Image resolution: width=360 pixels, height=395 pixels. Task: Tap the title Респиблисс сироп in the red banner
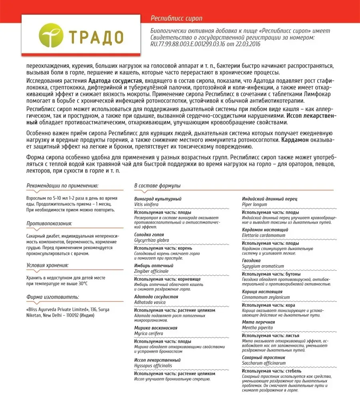click(x=177, y=18)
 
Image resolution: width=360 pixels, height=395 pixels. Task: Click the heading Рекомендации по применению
click(x=62, y=185)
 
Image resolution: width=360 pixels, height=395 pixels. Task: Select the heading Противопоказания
click(x=49, y=224)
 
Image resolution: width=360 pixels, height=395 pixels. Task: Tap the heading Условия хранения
click(x=47, y=265)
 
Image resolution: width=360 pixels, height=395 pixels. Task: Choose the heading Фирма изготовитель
click(x=52, y=297)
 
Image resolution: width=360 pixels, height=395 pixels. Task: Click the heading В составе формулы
click(x=157, y=186)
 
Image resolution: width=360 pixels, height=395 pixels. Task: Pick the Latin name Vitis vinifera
click(x=146, y=204)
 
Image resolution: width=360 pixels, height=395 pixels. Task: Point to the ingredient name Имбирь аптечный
click(x=153, y=266)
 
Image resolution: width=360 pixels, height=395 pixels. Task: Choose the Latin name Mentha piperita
click(x=257, y=328)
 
